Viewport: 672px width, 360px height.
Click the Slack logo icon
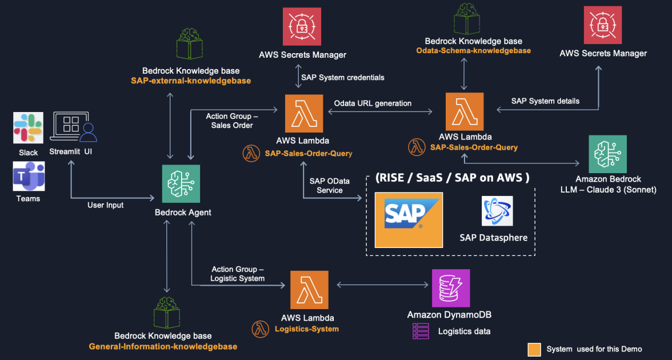coord(28,127)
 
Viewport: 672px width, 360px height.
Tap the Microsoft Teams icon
coord(28,176)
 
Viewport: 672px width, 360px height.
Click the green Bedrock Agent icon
coord(181,183)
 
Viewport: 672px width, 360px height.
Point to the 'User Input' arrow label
coord(106,205)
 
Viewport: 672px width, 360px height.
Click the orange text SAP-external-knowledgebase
coord(190,81)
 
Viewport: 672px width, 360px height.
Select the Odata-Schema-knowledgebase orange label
coord(473,51)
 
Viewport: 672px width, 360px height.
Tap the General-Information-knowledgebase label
coord(163,346)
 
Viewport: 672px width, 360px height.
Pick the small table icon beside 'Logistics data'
coord(421,331)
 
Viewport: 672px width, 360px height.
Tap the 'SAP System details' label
coord(545,101)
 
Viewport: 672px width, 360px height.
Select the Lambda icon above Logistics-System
coord(309,290)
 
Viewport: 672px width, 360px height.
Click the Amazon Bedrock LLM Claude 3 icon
coord(607,154)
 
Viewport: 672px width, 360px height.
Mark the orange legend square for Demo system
coord(534,349)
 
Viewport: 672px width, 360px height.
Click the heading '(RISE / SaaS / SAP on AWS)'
coord(451,177)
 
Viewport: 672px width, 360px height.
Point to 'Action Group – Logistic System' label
coord(238,274)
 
